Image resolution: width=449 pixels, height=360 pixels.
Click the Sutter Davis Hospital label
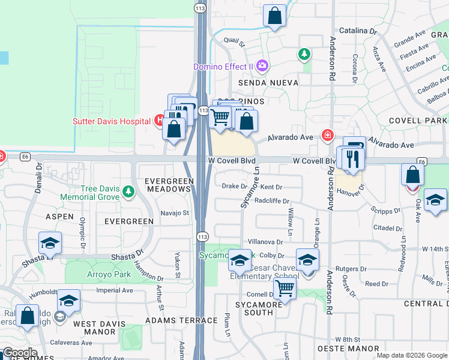click(x=111, y=121)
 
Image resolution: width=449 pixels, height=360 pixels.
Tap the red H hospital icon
click(x=158, y=121)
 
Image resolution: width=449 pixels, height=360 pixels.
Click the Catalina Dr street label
click(x=357, y=30)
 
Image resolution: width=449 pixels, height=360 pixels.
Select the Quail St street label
click(x=234, y=42)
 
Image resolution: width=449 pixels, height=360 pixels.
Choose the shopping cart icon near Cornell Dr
click(x=284, y=289)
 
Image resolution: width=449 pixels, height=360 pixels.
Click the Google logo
click(x=19, y=353)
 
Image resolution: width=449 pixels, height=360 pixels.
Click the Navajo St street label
click(x=175, y=212)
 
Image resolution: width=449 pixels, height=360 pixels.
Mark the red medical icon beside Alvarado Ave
click(x=327, y=135)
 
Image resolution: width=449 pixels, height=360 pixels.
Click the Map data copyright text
click(x=412, y=355)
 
